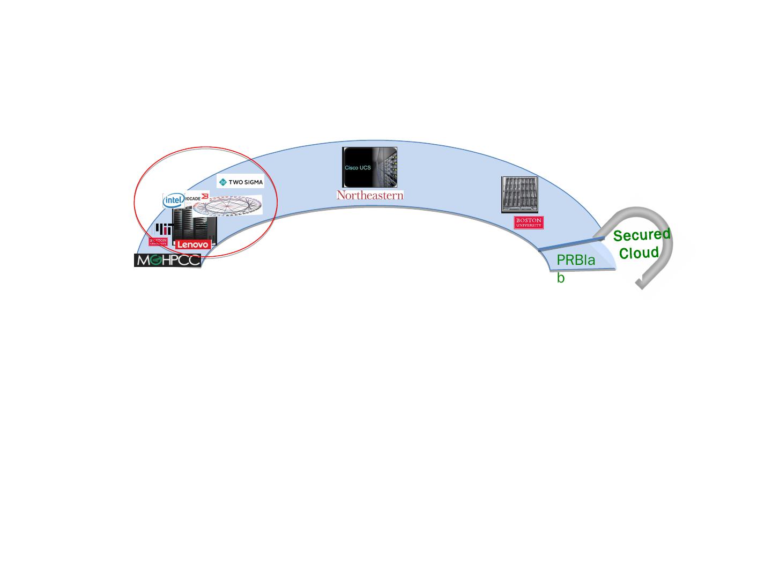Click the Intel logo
click(x=173, y=201)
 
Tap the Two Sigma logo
click(x=240, y=182)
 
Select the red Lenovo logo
click(x=193, y=244)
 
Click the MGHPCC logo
click(x=167, y=261)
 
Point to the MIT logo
click(x=164, y=229)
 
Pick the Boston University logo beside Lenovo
click(x=158, y=242)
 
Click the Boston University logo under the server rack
click(x=529, y=222)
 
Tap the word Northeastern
click(x=370, y=195)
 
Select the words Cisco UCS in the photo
click(x=358, y=168)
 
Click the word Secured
click(x=642, y=235)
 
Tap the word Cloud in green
click(x=639, y=253)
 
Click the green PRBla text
click(x=576, y=261)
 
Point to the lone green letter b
click(x=561, y=278)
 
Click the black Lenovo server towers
click(x=194, y=225)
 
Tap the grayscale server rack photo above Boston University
click(x=519, y=195)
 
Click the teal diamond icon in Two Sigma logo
click(x=224, y=182)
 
